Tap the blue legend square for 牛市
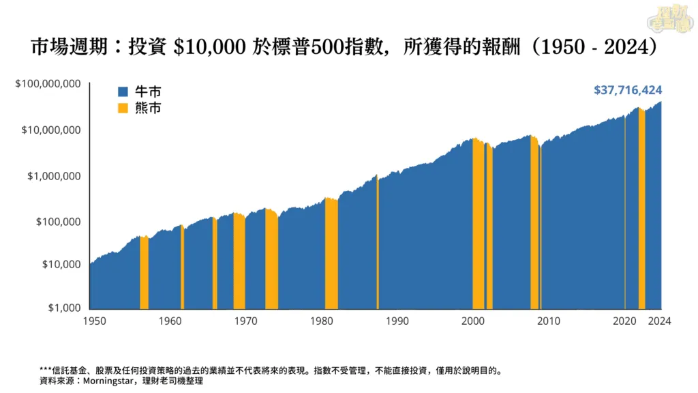(x=123, y=91)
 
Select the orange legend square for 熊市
(x=123, y=108)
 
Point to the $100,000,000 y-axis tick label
(x=48, y=84)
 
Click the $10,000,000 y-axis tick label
(x=51, y=130)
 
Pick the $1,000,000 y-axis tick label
(x=54, y=176)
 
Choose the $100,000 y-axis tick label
(x=57, y=222)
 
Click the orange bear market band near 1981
(x=331, y=259)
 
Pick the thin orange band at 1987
(x=377, y=246)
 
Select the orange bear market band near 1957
(x=144, y=273)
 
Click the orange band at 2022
(x=641, y=212)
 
